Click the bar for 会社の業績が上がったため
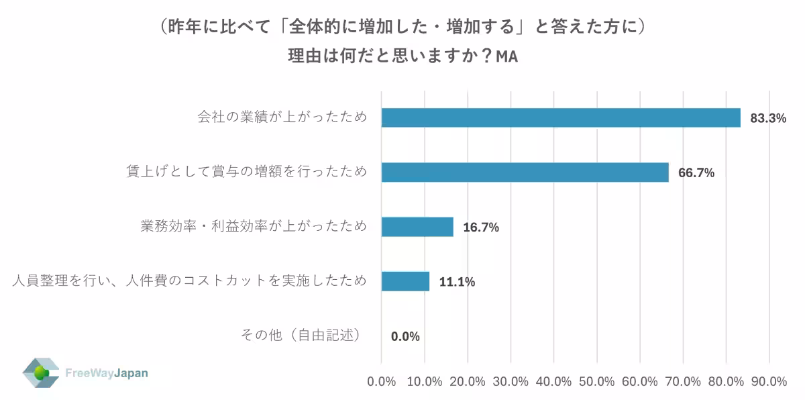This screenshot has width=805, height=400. pyautogui.click(x=561, y=117)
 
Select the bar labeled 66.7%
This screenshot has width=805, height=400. pyautogui.click(x=525, y=172)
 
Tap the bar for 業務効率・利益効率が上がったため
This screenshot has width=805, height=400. pyautogui.click(x=417, y=227)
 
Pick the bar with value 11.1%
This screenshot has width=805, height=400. pyautogui.click(x=405, y=281)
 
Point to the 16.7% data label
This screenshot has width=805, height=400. pyautogui.click(x=481, y=228)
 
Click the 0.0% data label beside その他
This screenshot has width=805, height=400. pyautogui.click(x=405, y=336)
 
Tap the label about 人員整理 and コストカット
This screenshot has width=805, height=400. pyautogui.click(x=190, y=281)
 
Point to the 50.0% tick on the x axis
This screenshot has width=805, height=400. pyautogui.click(x=596, y=381)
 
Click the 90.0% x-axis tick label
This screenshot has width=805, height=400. pyautogui.click(x=769, y=381)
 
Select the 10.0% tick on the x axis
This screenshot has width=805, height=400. pyautogui.click(x=425, y=381)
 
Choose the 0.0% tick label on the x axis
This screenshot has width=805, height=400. pyautogui.click(x=382, y=381)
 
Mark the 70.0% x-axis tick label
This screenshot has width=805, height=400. pyautogui.click(x=683, y=381)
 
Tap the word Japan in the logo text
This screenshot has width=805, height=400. pyautogui.click(x=130, y=373)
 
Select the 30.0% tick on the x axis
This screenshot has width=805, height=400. pyautogui.click(x=511, y=381)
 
